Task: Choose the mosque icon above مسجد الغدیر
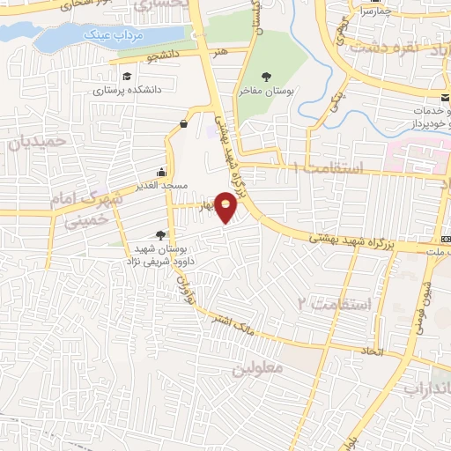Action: [x=161, y=172]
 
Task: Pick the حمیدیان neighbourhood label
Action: [x=36, y=140]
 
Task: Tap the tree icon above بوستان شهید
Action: [x=159, y=234]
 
